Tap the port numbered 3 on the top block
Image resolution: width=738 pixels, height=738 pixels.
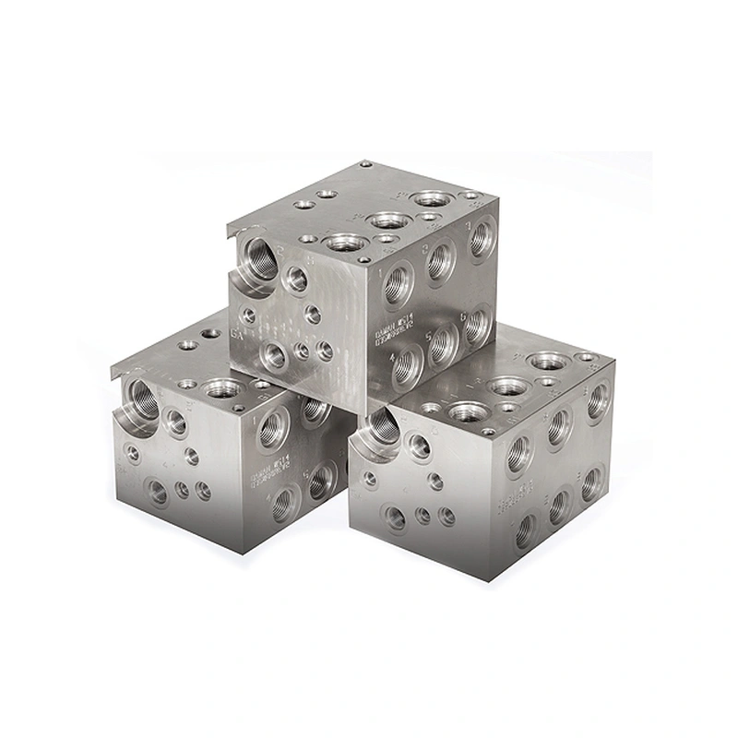click(481, 239)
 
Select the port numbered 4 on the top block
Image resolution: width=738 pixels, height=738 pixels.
click(407, 365)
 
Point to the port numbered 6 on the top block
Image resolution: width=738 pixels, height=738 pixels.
click(476, 325)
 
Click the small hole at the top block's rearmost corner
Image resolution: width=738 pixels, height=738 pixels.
click(366, 164)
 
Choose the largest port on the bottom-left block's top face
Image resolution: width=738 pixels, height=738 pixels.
click(221, 388)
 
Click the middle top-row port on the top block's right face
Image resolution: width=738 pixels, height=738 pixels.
click(440, 261)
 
